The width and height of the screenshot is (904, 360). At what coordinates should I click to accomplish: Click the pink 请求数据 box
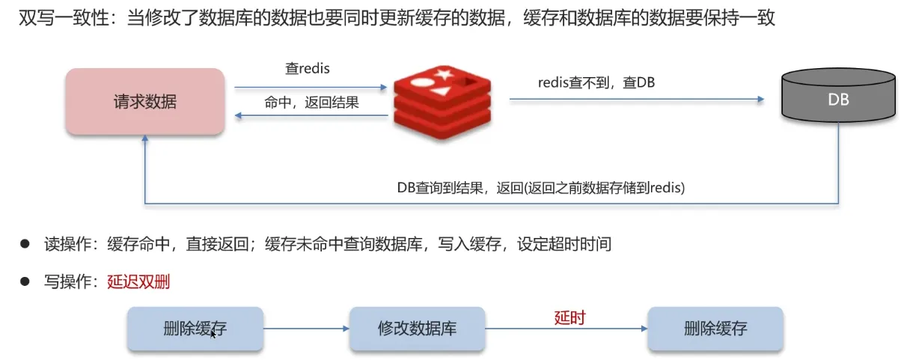click(145, 101)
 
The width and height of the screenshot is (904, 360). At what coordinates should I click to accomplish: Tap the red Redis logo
click(442, 102)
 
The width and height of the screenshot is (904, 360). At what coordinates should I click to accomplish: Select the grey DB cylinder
click(838, 95)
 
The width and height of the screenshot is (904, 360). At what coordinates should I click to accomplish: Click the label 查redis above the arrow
click(308, 69)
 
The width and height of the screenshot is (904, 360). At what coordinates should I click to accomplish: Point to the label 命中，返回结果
click(311, 103)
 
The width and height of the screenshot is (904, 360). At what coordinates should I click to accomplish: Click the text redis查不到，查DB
click(596, 83)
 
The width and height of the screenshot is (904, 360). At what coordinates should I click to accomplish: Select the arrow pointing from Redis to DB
click(637, 99)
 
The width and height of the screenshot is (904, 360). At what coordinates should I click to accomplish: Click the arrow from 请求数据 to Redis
click(311, 87)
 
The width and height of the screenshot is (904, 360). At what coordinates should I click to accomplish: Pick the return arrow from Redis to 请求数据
click(311, 116)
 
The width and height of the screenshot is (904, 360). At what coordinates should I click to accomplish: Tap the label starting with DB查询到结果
click(541, 188)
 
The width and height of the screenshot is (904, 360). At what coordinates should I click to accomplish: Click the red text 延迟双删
click(138, 281)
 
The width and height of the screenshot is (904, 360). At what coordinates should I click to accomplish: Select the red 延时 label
click(569, 318)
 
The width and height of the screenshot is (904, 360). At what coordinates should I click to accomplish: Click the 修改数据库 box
click(418, 329)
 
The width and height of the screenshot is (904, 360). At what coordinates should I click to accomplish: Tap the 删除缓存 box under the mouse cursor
click(195, 329)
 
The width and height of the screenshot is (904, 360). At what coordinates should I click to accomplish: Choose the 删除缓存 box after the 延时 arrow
click(715, 329)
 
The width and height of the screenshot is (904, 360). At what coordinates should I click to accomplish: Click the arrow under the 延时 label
click(566, 329)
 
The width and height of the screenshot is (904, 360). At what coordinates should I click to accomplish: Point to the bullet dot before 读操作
click(25, 244)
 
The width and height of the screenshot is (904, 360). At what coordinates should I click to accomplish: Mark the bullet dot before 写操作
click(25, 281)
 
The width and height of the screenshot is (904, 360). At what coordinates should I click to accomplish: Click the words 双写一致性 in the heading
click(64, 18)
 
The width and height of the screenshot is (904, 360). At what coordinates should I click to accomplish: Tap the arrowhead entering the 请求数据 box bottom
click(145, 138)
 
